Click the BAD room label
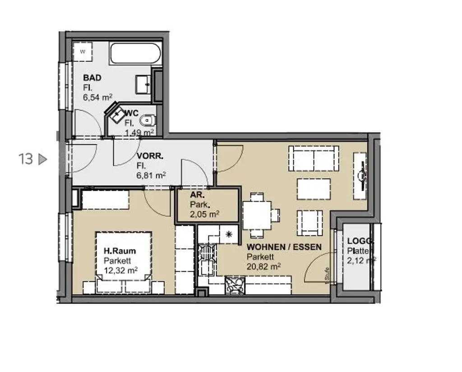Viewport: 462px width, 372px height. [92, 78]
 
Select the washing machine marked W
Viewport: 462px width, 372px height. [83, 50]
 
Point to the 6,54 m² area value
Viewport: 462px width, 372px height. [97, 96]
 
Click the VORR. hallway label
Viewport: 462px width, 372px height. [150, 156]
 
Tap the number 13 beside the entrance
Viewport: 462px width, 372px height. [26, 159]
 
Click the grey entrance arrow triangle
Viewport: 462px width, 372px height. [42, 159]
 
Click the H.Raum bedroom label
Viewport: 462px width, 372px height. [120, 251]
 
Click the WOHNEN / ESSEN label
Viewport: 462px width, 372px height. [284, 247]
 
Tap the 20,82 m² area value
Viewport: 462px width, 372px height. [263, 266]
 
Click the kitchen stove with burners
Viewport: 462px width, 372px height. [235, 285]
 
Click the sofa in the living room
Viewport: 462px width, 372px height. [314, 158]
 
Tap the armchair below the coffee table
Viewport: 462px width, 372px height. [310, 223]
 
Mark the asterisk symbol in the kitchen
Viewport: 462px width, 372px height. [228, 234]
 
